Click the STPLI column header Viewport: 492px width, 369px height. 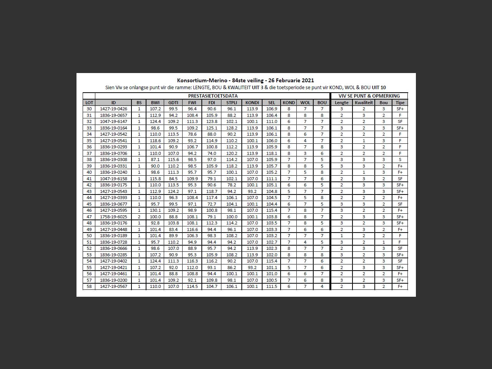tap(231, 103)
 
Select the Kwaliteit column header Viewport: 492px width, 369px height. tap(364, 103)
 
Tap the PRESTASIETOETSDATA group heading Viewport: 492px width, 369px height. tap(213, 96)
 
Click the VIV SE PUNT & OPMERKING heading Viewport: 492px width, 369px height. tap(369, 96)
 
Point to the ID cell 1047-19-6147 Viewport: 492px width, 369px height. tap(113, 121)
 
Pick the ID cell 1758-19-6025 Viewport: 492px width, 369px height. tap(113, 217)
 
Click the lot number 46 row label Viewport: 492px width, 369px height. tap(89, 210)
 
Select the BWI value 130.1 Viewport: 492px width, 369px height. tap(155, 210)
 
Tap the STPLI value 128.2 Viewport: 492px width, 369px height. tap(231, 128)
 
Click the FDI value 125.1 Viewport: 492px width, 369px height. tap(212, 128)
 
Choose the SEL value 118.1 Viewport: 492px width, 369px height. tap(271, 153)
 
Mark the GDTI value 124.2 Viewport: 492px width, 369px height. tap(173, 191)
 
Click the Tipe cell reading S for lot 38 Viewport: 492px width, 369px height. tap(400, 160)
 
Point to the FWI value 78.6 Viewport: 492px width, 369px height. tap(192, 134)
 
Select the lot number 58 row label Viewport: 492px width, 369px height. tap(89, 286)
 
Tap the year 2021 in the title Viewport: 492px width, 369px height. tap(307, 80)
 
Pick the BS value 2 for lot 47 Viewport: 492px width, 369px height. tap(139, 217)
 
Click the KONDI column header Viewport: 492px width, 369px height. tap(252, 103)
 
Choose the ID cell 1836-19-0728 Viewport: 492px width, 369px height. tap(113, 242)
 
